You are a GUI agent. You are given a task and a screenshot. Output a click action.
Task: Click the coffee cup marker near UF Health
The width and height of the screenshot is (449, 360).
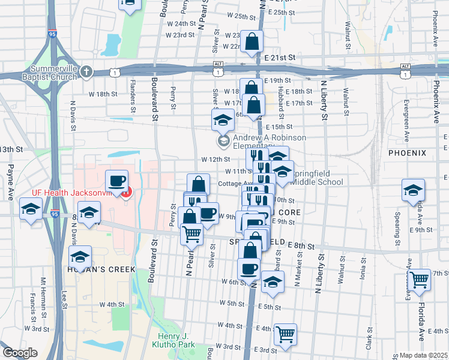[x=117, y=180]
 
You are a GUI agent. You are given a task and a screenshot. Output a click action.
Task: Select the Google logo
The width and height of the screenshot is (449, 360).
[x=20, y=353]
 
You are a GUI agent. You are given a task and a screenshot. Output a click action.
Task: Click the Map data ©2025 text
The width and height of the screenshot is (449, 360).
[x=422, y=355]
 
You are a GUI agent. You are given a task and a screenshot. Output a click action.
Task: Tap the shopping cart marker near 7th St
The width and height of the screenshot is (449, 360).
[x=421, y=278]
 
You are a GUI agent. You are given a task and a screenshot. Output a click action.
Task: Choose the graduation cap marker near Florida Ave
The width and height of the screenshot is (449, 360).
[x=413, y=190]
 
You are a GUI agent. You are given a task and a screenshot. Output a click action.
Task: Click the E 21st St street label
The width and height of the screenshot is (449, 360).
[x=280, y=57]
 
